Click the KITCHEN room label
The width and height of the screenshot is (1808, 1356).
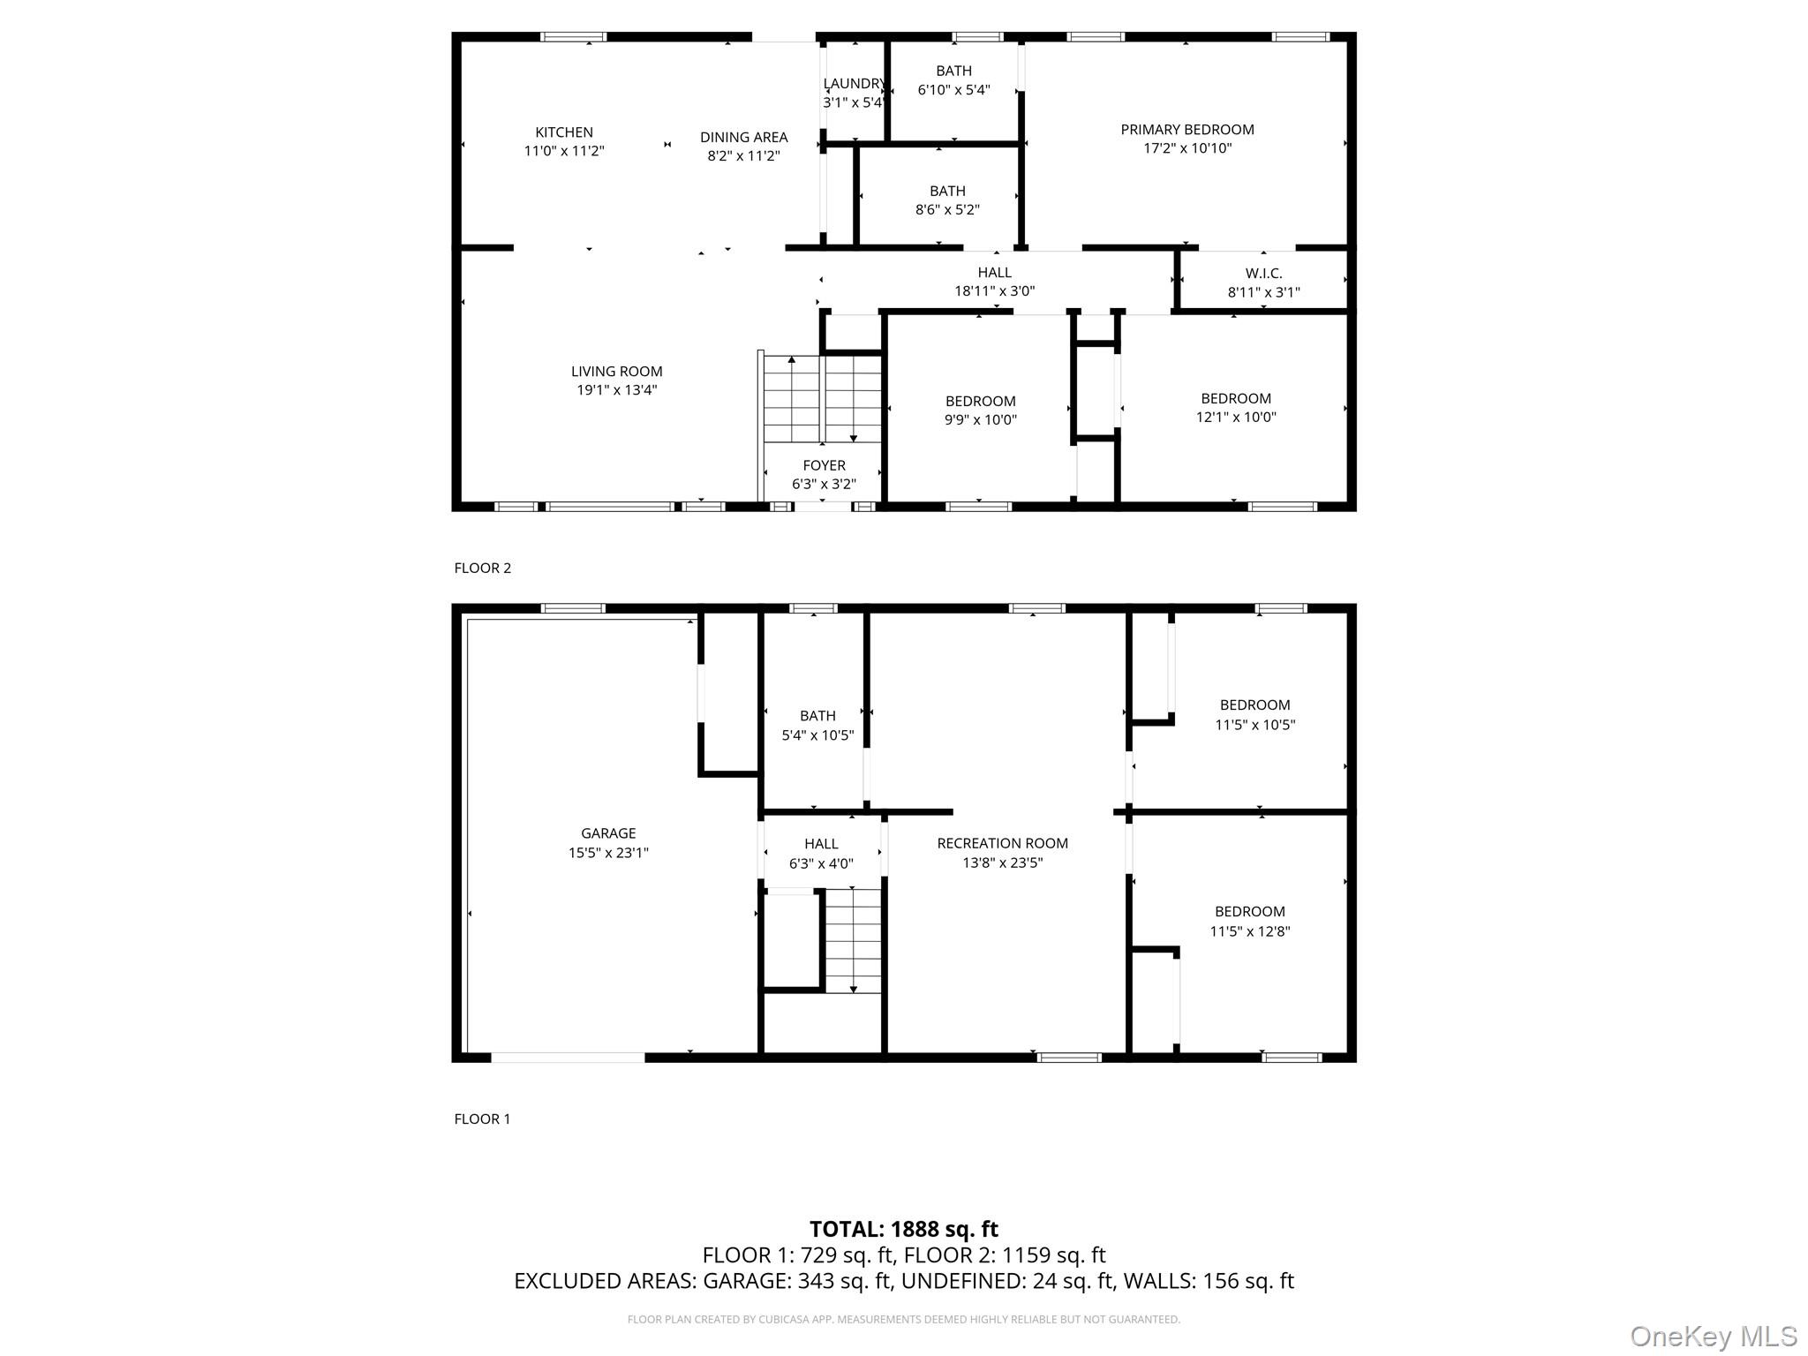pyautogui.click(x=563, y=132)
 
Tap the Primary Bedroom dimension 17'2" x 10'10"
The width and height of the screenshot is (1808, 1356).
pyautogui.click(x=1186, y=148)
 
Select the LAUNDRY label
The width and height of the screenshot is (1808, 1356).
pyautogui.click(x=853, y=84)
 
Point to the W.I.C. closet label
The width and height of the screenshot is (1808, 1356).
pyautogui.click(x=1262, y=274)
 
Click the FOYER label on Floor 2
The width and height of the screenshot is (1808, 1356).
pyautogui.click(x=824, y=465)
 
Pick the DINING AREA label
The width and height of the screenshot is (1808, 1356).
pyautogui.click(x=743, y=137)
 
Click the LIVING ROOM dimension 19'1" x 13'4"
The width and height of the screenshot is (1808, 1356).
pyautogui.click(x=616, y=390)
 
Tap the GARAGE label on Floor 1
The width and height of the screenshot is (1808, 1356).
pyautogui.click(x=608, y=832)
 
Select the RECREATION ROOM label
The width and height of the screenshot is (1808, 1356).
pyautogui.click(x=1002, y=843)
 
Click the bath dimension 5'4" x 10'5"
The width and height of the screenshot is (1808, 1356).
pyautogui.click(x=817, y=734)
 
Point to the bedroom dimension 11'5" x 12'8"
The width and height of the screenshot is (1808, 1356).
pyautogui.click(x=1249, y=930)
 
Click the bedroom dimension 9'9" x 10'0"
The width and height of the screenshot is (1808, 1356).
pyautogui.click(x=980, y=420)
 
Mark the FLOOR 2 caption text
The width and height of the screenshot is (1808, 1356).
pyautogui.click(x=482, y=568)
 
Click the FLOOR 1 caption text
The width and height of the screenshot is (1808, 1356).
pyautogui.click(x=482, y=1119)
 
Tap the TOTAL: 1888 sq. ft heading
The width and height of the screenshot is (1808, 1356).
pyautogui.click(x=903, y=1229)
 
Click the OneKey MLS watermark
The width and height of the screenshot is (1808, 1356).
pyautogui.click(x=1713, y=1336)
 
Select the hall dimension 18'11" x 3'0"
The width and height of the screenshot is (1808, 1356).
pyautogui.click(x=994, y=290)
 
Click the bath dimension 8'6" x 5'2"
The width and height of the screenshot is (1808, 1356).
pyautogui.click(x=946, y=210)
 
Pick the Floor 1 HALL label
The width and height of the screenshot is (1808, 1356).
pyautogui.click(x=821, y=844)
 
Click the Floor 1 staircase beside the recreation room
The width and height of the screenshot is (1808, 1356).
pyautogui.click(x=853, y=940)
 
